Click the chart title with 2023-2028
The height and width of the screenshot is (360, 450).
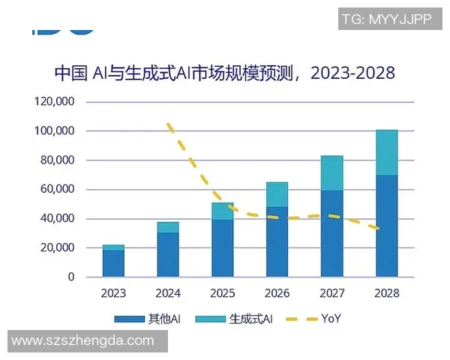(224, 73)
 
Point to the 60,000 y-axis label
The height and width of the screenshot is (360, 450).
(56, 189)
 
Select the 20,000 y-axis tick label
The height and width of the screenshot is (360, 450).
(56, 247)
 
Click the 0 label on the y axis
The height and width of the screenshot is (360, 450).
(71, 277)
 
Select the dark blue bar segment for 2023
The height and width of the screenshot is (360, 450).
(113, 263)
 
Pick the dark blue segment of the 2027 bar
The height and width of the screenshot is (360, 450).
(331, 234)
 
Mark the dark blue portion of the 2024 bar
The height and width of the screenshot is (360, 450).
(168, 255)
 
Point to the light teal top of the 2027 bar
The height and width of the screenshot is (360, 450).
(331, 173)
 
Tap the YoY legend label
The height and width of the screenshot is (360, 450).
(331, 319)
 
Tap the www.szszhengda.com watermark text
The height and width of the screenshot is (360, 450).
(83, 341)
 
